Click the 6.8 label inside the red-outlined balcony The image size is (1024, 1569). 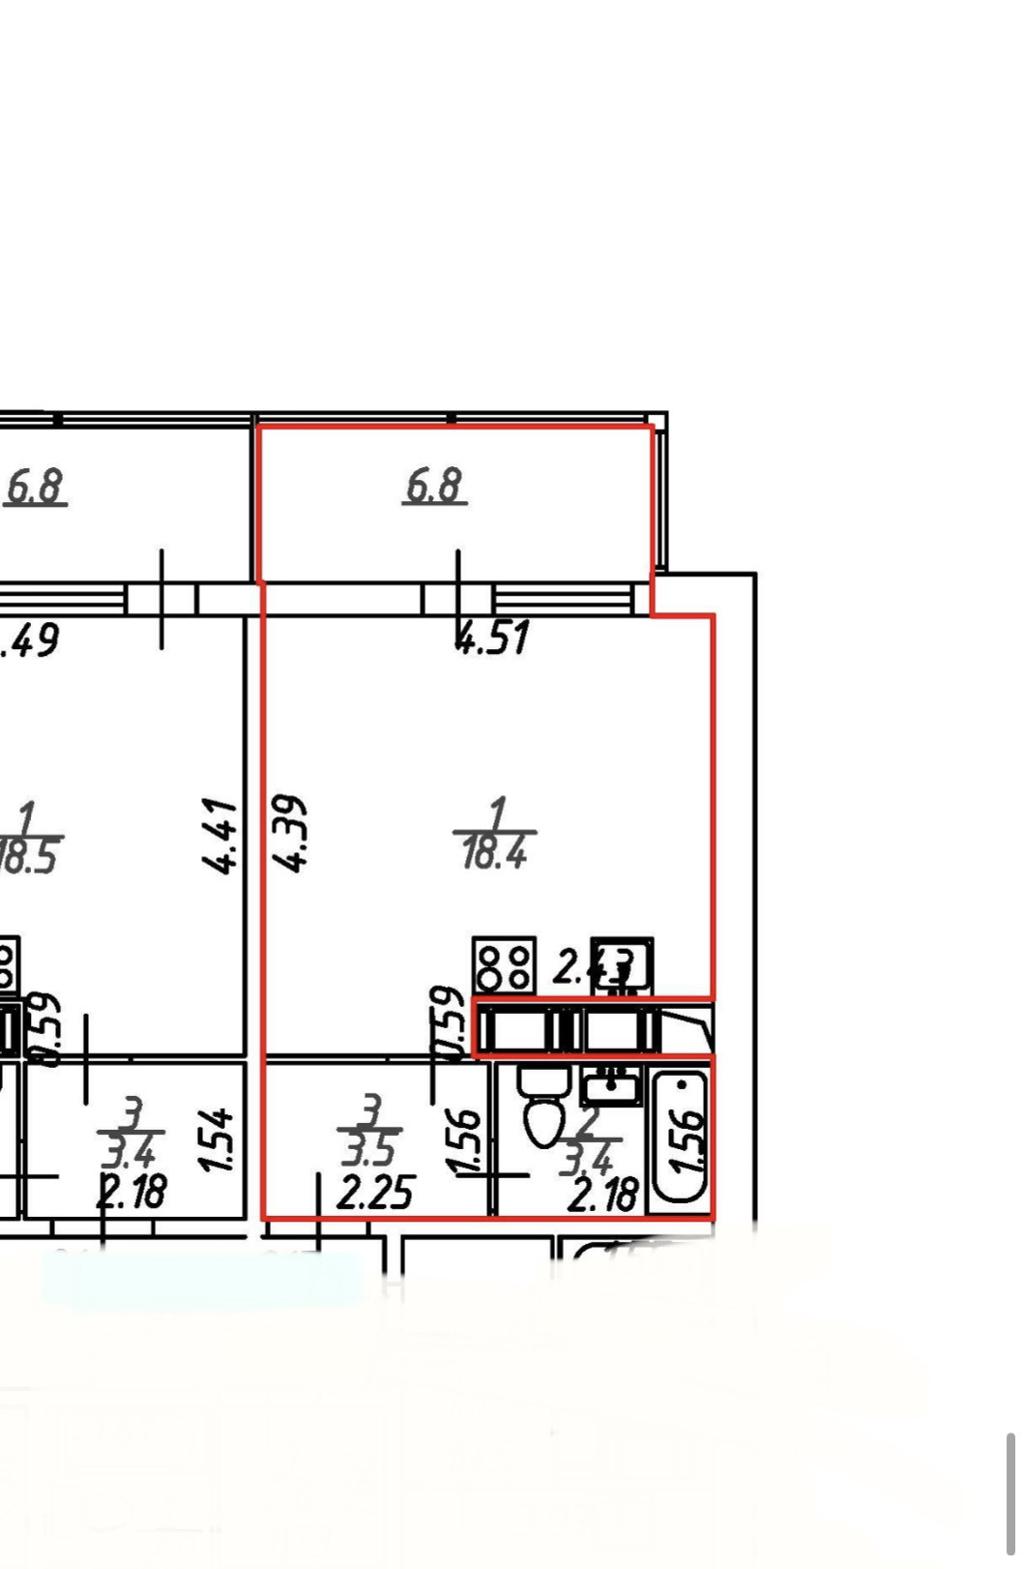click(x=434, y=485)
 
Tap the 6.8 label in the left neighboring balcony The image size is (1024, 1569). click(x=35, y=486)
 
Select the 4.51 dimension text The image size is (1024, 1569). click(x=493, y=638)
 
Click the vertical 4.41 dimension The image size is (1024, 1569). click(x=221, y=836)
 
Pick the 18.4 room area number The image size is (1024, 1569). click(x=494, y=853)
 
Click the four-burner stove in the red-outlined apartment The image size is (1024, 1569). click(x=504, y=965)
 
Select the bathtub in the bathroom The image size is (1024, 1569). click(x=682, y=1138)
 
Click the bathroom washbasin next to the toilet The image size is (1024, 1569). click(x=610, y=1087)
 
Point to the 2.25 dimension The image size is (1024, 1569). click(x=375, y=1192)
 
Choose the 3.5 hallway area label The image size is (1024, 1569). click(x=369, y=1149)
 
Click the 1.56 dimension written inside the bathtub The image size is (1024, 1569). click(x=688, y=1140)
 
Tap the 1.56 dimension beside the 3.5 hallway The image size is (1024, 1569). click(x=465, y=1142)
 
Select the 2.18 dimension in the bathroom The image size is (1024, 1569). click(x=602, y=1196)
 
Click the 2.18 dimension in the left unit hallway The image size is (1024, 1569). click(x=132, y=1191)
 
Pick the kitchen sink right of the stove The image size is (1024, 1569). click(x=622, y=964)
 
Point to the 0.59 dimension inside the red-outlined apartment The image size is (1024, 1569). click(x=447, y=1023)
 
